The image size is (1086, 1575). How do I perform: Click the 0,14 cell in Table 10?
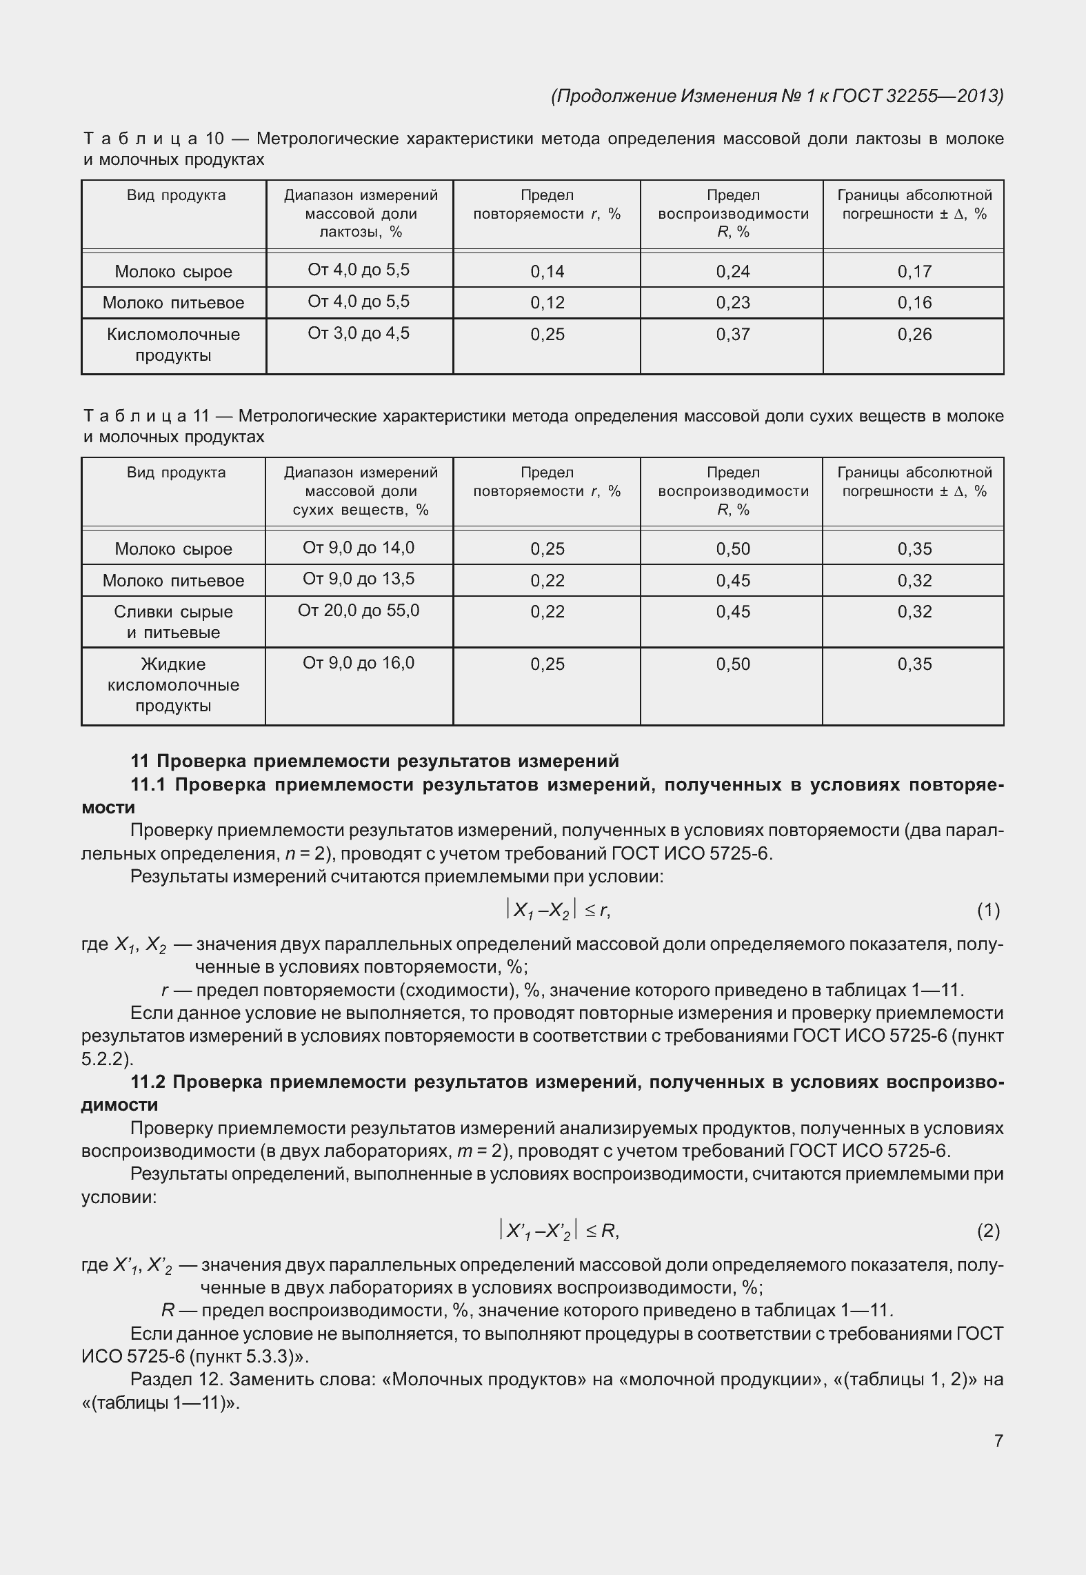[547, 272]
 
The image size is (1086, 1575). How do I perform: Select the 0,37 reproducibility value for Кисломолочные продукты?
[732, 335]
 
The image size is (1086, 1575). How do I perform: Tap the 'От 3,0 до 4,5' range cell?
[359, 333]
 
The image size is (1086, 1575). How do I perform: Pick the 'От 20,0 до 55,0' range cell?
[359, 611]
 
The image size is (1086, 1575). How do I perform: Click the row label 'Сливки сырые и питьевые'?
[173, 622]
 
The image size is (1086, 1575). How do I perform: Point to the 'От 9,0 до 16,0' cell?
[359, 663]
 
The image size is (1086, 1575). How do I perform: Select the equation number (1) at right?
[987, 911]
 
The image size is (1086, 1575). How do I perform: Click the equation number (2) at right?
[987, 1230]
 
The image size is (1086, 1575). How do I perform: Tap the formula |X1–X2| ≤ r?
[559, 911]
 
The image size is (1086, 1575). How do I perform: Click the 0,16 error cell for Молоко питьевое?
[914, 303]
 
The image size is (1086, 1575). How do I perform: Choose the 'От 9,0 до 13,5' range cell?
[359, 579]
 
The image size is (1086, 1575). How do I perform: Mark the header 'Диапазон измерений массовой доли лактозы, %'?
[360, 214]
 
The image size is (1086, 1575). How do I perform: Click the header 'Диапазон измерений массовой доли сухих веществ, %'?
[360, 491]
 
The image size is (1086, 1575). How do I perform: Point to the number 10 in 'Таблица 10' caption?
[215, 139]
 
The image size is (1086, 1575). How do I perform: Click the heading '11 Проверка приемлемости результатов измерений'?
[374, 761]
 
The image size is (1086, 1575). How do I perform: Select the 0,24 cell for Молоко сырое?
[732, 272]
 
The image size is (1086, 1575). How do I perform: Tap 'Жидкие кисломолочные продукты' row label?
[173, 684]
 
